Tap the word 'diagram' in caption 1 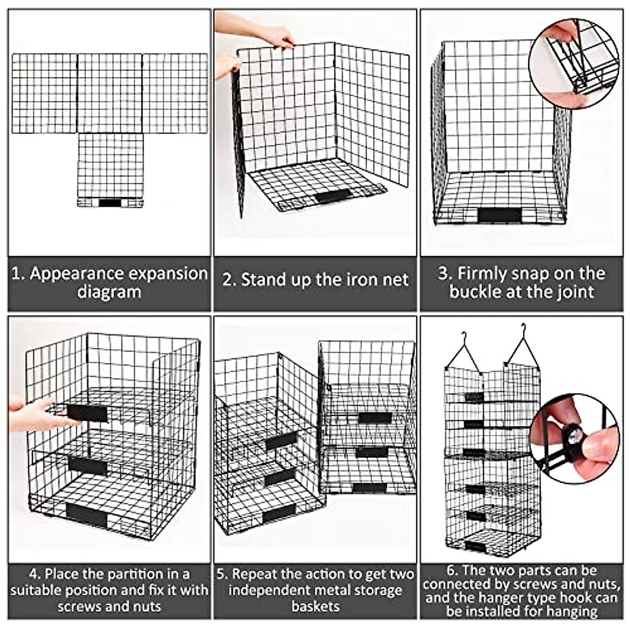point(109,292)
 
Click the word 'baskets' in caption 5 point(316,615)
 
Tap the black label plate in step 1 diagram point(110,203)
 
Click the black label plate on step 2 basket point(334,195)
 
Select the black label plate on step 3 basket point(499,215)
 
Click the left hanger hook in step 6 point(464,351)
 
